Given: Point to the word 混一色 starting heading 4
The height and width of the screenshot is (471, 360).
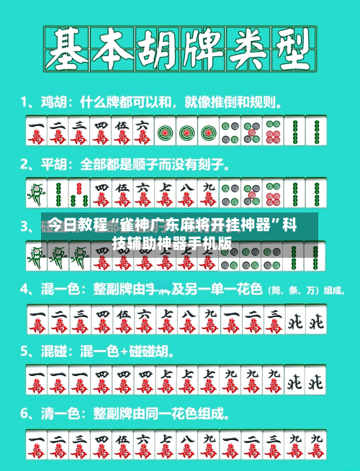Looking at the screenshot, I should click(58, 290).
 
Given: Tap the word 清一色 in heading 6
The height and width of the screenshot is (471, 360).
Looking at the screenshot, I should click(58, 415).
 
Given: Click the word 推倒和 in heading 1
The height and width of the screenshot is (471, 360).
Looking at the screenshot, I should click(224, 101).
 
